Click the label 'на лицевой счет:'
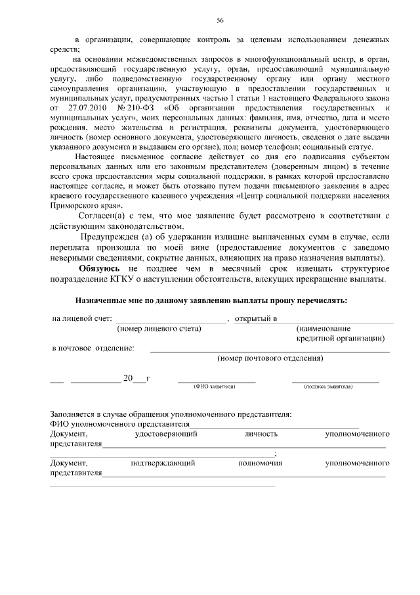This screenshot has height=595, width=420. point(82,318)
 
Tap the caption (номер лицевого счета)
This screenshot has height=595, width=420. point(159,328)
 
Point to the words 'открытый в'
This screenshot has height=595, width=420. point(256,318)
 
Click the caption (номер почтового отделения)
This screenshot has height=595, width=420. point(270,359)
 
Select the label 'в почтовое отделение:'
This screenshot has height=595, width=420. point(93,348)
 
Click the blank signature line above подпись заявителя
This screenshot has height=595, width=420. point(335,381)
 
